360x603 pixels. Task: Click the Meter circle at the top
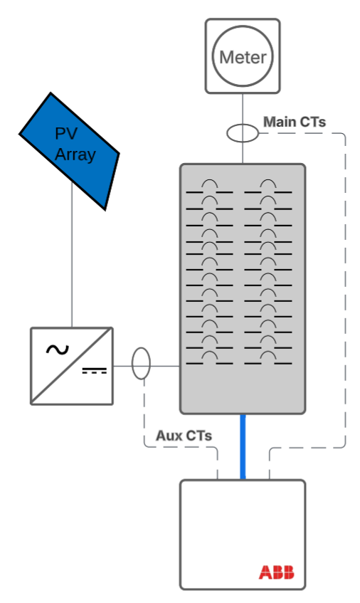click(243, 57)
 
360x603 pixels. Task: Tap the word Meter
click(243, 58)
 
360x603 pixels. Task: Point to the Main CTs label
click(294, 122)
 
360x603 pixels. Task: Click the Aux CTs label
click(184, 435)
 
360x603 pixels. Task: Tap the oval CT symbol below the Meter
click(243, 132)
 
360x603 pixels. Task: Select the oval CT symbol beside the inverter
click(142, 364)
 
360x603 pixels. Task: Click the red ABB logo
click(275, 572)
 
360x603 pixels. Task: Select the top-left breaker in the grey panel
click(209, 187)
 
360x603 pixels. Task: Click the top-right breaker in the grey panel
click(268, 187)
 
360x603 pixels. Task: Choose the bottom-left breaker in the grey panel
click(209, 358)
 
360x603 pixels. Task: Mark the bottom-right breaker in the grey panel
click(268, 358)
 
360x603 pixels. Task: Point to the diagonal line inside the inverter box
click(71, 366)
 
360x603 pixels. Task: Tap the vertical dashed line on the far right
click(346, 285)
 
